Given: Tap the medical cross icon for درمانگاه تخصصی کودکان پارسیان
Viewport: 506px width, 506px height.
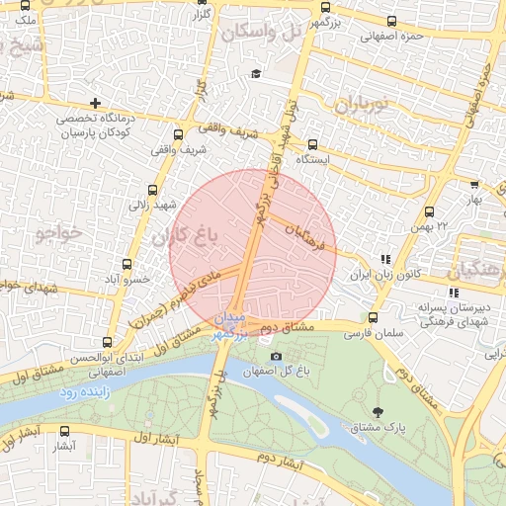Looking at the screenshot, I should pyautogui.click(x=95, y=103).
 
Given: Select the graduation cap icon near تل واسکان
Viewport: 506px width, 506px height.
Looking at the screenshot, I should pyautogui.click(x=257, y=74).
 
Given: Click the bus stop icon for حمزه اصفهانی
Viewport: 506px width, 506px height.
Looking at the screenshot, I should pyautogui.click(x=393, y=21).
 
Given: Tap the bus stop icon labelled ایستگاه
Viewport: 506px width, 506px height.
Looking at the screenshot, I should pyautogui.click(x=313, y=143).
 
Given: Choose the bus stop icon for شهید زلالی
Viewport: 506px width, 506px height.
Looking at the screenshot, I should pyautogui.click(x=152, y=190).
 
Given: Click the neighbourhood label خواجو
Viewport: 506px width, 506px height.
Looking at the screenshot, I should pyautogui.click(x=56, y=234).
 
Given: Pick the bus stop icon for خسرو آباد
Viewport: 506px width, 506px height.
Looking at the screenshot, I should pyautogui.click(x=126, y=264).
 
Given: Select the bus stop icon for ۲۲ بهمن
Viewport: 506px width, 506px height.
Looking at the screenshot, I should pyautogui.click(x=430, y=211).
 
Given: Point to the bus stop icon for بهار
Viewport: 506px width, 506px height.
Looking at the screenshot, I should pyautogui.click(x=474, y=184).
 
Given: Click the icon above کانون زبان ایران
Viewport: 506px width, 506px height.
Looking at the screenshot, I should pyautogui.click(x=385, y=258).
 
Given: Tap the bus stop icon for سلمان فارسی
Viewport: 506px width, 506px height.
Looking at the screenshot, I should pyautogui.click(x=373, y=318).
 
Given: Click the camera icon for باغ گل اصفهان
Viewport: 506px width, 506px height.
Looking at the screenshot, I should pyautogui.click(x=275, y=356).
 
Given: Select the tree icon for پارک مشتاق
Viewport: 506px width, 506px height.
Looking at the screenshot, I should pyautogui.click(x=379, y=411).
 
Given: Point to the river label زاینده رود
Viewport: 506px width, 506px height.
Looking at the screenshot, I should pyautogui.click(x=81, y=393).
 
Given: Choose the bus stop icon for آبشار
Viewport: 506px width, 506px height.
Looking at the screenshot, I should pyautogui.click(x=65, y=431).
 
